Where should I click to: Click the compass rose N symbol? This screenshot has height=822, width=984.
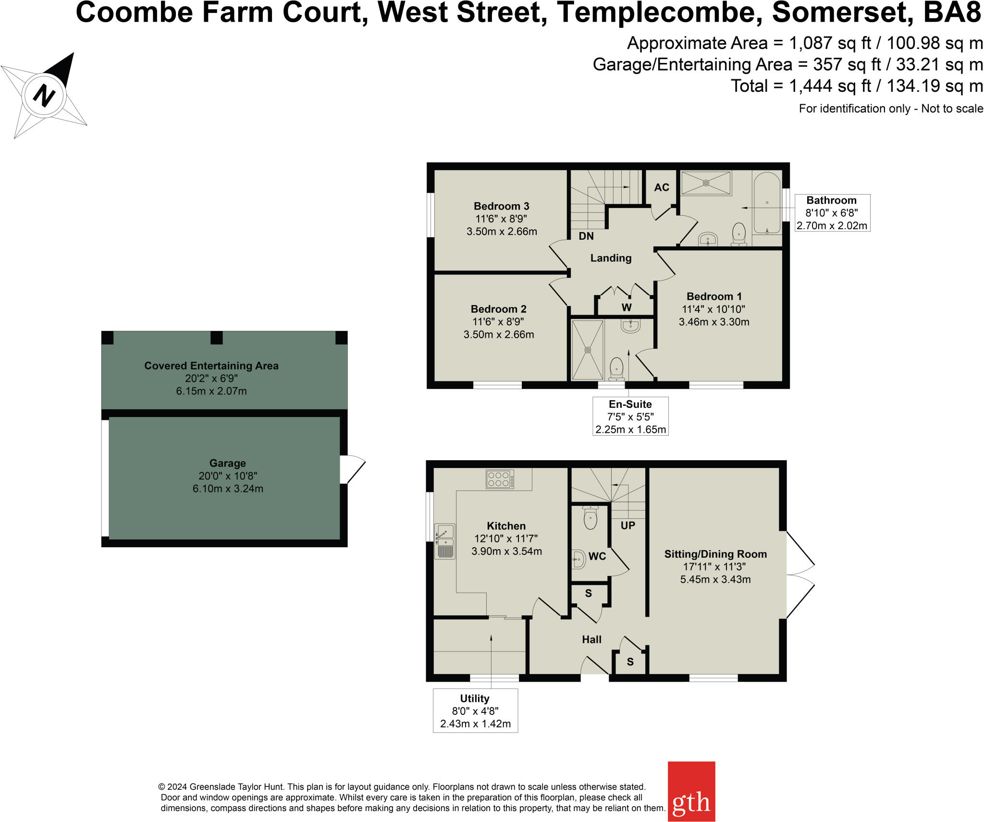(x=44, y=95)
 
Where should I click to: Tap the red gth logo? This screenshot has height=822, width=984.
(x=691, y=791)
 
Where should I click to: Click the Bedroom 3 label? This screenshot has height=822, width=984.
(x=501, y=206)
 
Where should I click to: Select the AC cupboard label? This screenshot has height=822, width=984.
(x=661, y=187)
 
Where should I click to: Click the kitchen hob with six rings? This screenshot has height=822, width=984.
(x=500, y=479)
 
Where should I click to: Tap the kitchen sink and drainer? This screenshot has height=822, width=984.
(x=444, y=541)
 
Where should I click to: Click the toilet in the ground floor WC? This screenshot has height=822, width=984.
(x=590, y=517)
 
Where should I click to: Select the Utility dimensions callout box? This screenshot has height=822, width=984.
(x=475, y=711)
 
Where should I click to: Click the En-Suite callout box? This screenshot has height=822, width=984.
(x=630, y=416)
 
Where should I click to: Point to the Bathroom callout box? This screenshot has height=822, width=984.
(x=832, y=213)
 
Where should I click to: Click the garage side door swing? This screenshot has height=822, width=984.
(x=353, y=469)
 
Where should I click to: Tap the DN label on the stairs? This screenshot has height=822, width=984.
(x=586, y=236)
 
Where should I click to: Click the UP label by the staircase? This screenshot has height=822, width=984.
(x=627, y=525)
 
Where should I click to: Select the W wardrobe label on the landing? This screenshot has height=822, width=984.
(x=627, y=307)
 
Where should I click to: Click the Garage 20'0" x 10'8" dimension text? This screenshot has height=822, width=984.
(x=228, y=476)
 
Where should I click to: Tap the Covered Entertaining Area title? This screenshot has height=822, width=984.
(x=211, y=366)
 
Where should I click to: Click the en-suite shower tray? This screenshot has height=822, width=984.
(x=587, y=350)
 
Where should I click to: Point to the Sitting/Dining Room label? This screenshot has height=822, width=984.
(x=715, y=554)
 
